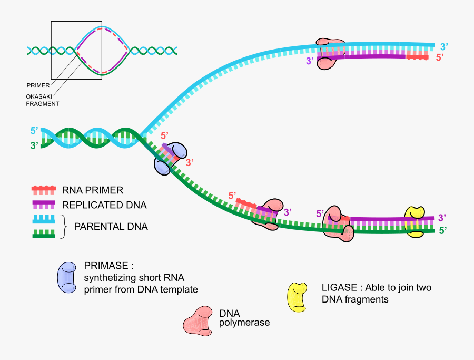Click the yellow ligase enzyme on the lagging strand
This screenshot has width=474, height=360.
tap(414, 221)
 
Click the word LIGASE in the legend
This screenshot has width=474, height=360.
tap(338, 288)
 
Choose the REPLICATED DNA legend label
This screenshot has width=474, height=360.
tap(104, 205)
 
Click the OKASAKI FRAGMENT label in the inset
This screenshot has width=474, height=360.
tap(42, 100)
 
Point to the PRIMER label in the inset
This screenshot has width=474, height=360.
tap(37, 85)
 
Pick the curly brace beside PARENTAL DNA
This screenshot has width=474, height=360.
tap(65, 227)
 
